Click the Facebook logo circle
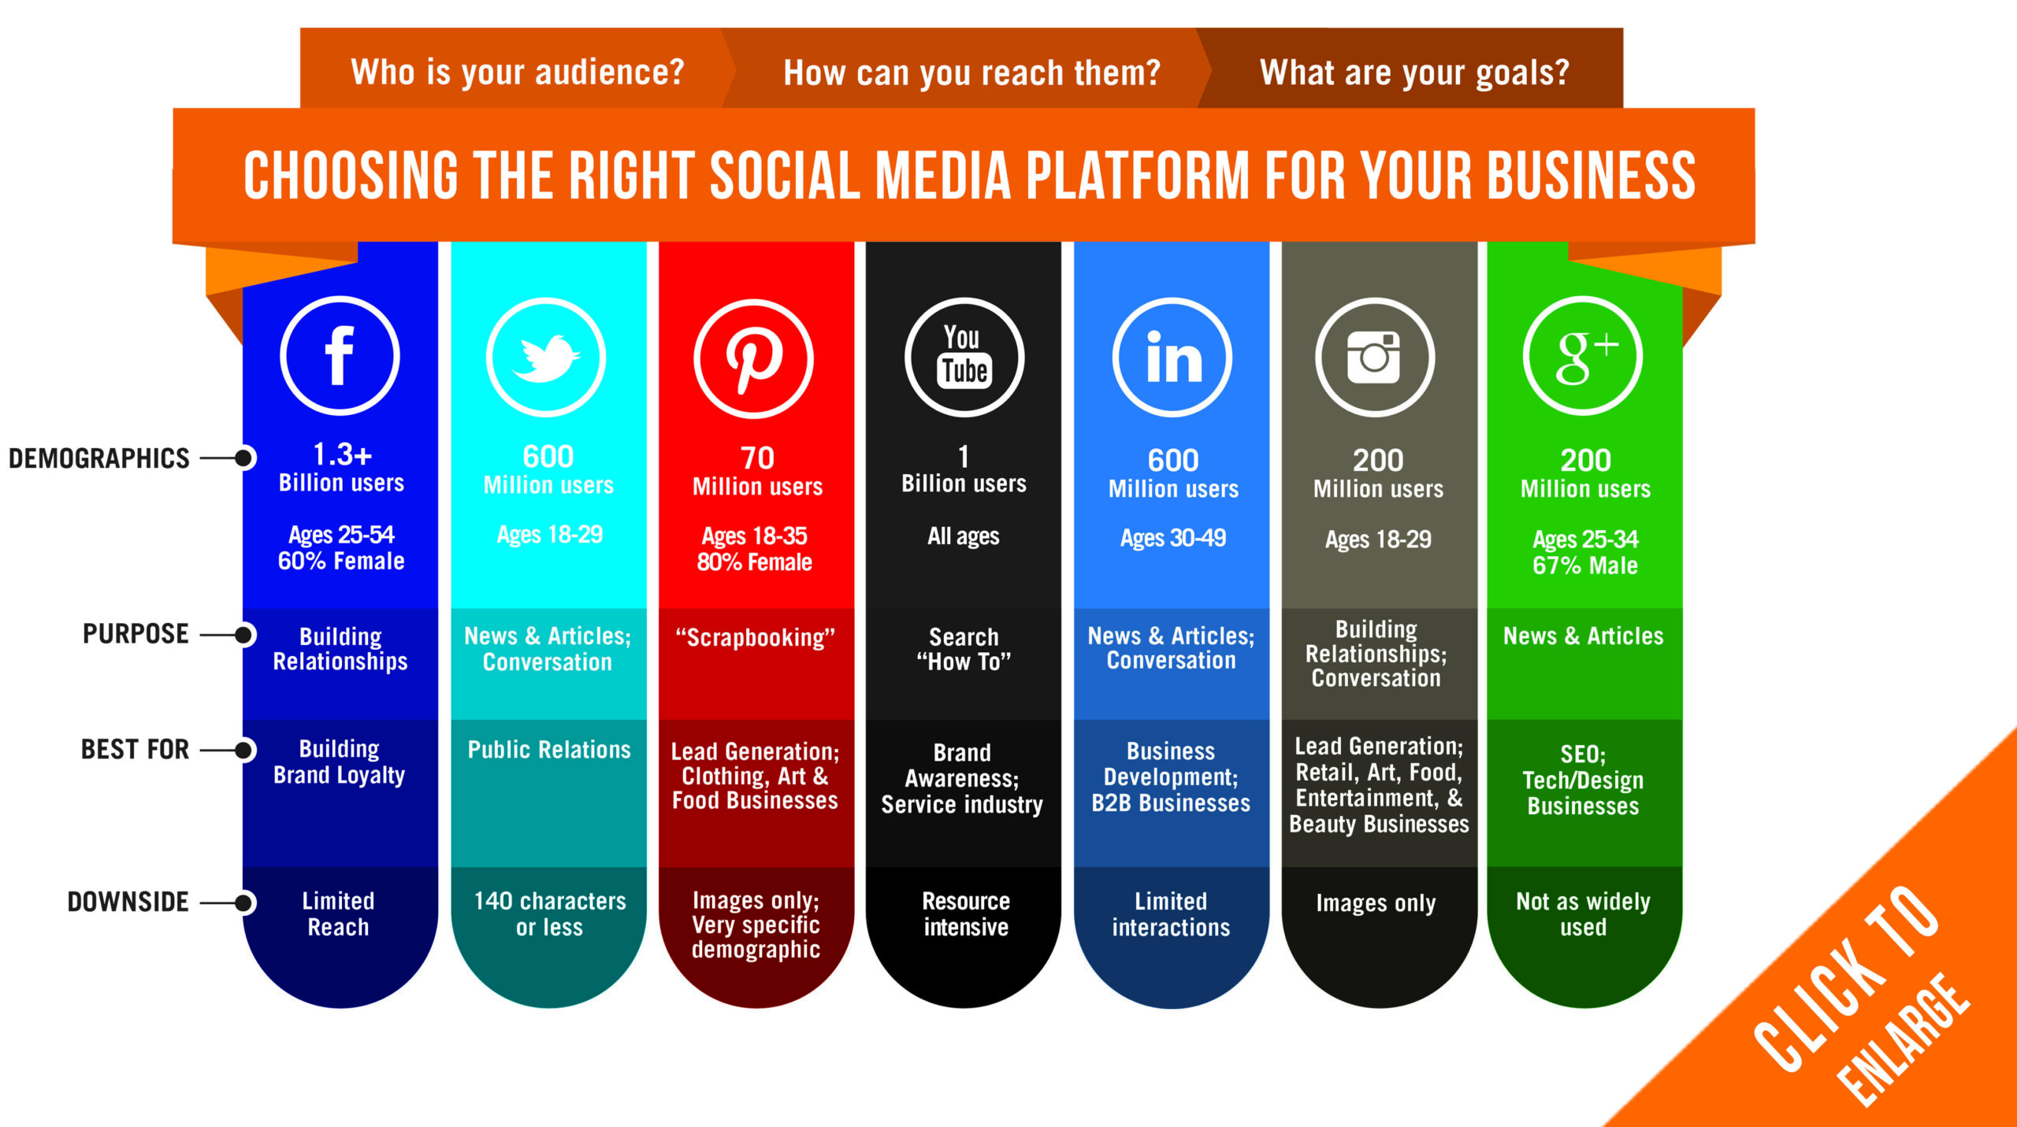340,356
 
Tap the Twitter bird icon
545,358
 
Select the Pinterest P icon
753,358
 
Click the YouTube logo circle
964,358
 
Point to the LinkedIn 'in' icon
1172,358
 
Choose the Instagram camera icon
1375,358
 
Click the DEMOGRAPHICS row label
98,458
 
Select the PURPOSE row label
136,634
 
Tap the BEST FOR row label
135,749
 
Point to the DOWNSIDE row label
128,902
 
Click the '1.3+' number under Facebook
342,454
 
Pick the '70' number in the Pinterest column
757,458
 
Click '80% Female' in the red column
754,562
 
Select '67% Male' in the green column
1584,565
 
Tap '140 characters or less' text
549,914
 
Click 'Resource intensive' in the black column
965,914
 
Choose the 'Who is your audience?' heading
518,72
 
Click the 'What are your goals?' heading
1414,72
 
